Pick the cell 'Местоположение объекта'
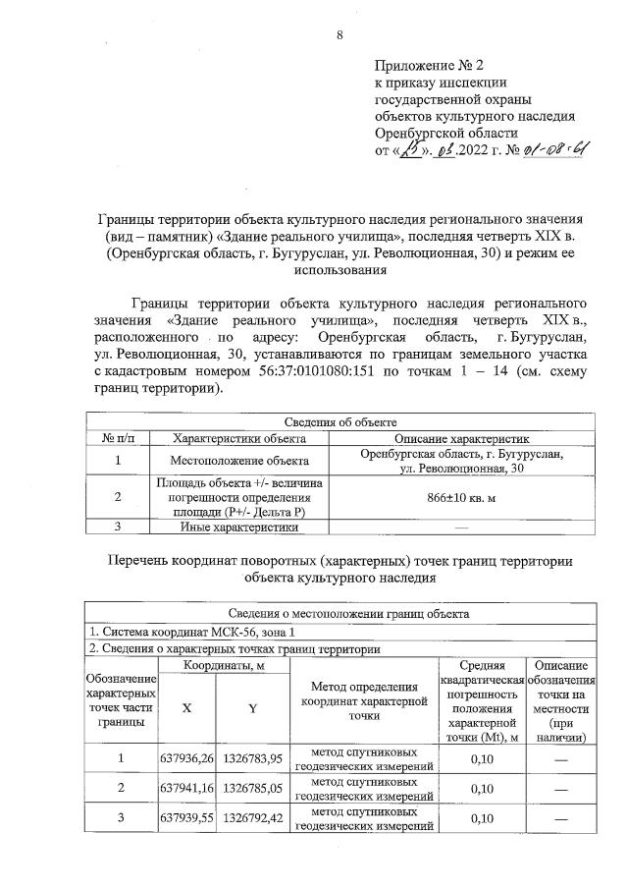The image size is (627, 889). (239, 460)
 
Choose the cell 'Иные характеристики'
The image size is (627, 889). (239, 527)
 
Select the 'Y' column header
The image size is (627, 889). (253, 710)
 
